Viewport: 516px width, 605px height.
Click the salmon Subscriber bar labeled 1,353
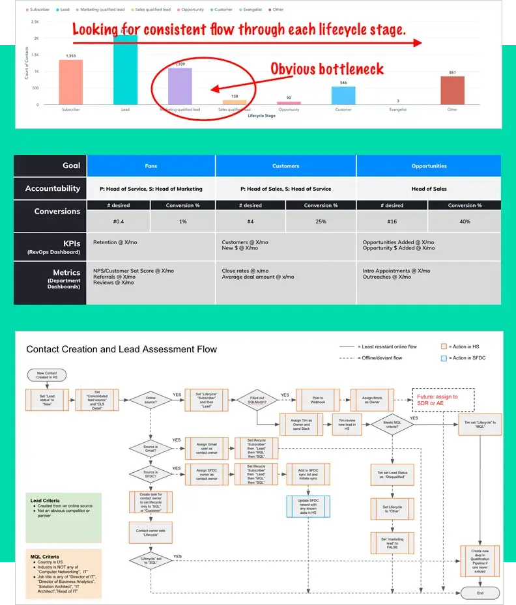(71, 82)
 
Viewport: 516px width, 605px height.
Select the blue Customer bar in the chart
(343, 96)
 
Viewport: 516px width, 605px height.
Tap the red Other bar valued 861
(453, 91)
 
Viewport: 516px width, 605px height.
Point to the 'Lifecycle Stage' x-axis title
(262, 115)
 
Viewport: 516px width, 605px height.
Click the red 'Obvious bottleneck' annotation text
(327, 69)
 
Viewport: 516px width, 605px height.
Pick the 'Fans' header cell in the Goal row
(150, 166)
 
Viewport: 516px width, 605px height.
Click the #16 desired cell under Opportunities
(394, 221)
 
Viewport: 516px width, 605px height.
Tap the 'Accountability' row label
(53, 189)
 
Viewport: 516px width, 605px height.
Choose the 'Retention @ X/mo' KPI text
(115, 242)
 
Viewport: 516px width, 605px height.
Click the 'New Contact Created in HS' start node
(47, 375)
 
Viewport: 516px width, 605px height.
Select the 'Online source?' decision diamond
(150, 399)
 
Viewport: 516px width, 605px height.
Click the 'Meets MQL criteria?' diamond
(392, 423)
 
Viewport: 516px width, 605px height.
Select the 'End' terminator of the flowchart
(480, 593)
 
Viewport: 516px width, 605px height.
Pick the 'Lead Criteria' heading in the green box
(45, 501)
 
